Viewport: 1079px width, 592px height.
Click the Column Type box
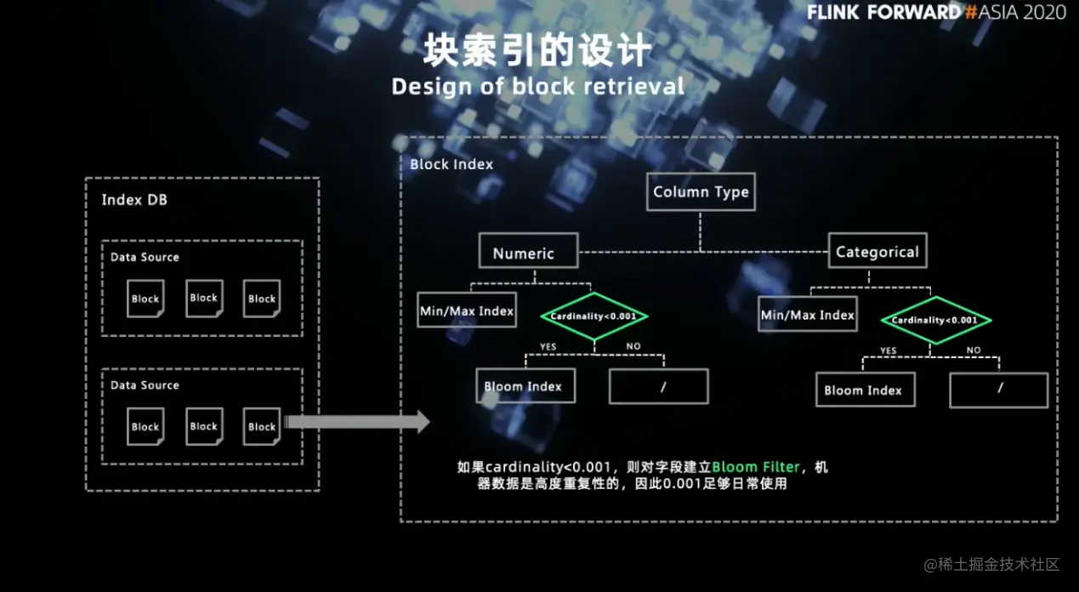tap(701, 191)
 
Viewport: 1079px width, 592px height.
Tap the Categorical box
tap(877, 252)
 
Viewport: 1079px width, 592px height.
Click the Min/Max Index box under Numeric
tap(467, 311)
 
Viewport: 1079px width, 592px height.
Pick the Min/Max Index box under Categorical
tap(808, 315)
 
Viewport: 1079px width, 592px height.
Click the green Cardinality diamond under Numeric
tap(594, 316)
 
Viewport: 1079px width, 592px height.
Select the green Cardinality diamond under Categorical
tap(935, 320)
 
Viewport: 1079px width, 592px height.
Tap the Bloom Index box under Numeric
tap(524, 386)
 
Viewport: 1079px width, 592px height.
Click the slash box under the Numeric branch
tap(659, 386)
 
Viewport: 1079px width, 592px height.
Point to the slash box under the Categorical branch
tap(998, 390)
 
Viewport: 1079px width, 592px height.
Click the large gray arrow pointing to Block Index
tap(357, 421)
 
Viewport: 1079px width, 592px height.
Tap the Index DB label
tap(133, 200)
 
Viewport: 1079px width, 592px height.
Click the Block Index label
tap(451, 164)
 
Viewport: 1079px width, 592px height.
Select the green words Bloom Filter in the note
tap(756, 467)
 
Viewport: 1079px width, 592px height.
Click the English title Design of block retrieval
tap(537, 87)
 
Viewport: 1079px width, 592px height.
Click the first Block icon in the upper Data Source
tap(145, 299)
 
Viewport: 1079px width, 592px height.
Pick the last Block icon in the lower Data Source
tap(262, 427)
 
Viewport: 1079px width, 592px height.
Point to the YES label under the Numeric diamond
tap(548, 347)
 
